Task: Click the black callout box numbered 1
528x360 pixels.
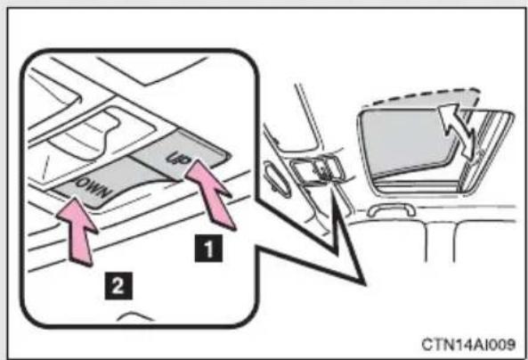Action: [x=208, y=249]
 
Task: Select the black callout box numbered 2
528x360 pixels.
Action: [x=118, y=286]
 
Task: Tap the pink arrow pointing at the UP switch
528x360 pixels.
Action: [x=210, y=194]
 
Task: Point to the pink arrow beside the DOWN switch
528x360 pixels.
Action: [x=78, y=231]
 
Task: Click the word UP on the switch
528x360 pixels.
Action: [x=177, y=158]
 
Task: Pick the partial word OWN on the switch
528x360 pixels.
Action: [x=93, y=187]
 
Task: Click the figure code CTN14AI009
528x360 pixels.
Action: [x=468, y=344]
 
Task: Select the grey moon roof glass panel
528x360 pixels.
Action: [x=408, y=142]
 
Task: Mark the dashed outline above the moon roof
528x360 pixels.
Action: [x=421, y=97]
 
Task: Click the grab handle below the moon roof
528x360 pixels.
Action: [x=391, y=209]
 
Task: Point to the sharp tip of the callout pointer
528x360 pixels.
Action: [x=365, y=285]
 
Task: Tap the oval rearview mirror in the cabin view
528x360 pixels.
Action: [x=277, y=178]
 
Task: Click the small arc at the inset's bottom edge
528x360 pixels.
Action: [x=134, y=316]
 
